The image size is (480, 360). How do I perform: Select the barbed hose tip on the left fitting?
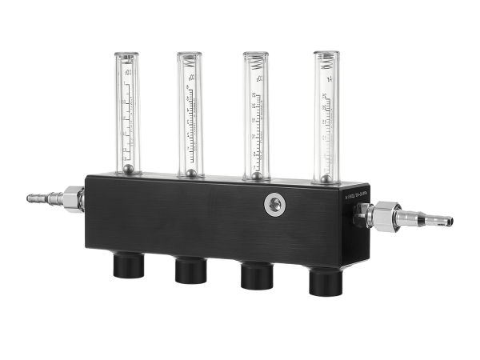(36, 197)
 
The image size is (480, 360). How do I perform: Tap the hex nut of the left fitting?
(70, 197)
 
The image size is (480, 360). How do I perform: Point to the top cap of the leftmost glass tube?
(126, 56)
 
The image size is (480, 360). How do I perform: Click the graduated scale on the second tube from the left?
(190, 120)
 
